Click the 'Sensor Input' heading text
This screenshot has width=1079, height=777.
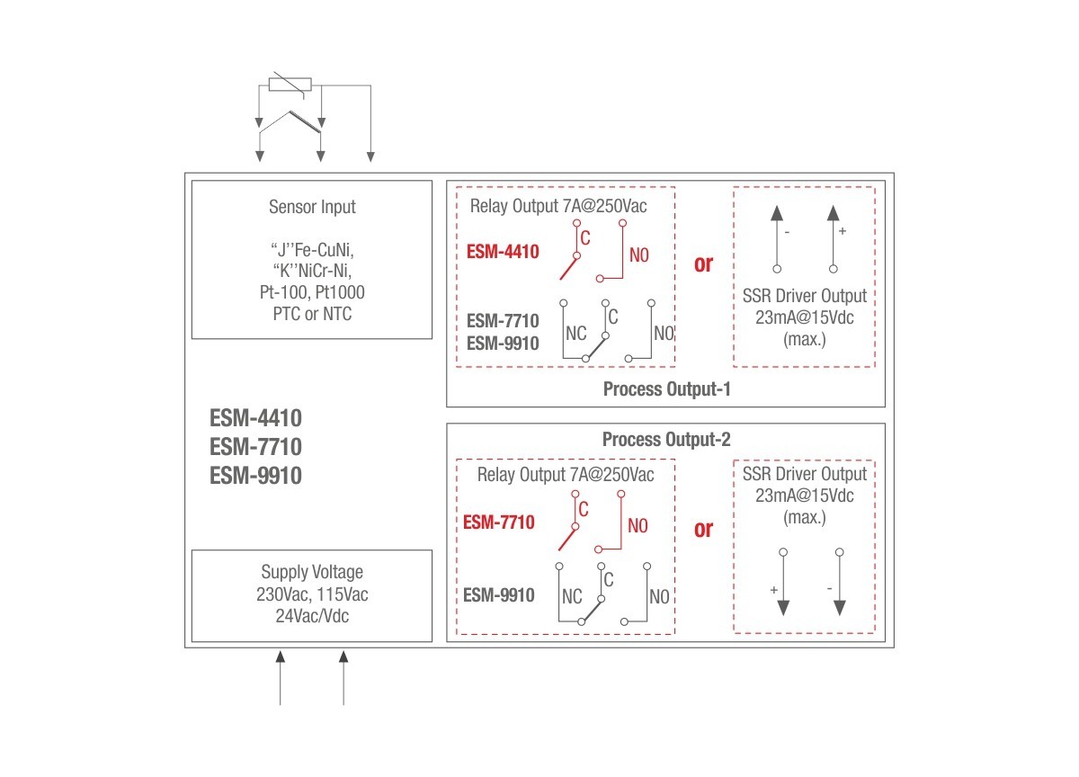pos(312,207)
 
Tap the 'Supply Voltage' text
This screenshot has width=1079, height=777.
pos(312,572)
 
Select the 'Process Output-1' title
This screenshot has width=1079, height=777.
pos(666,388)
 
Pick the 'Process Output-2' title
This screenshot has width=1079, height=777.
pos(666,440)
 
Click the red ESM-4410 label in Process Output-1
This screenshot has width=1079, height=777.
pos(503,252)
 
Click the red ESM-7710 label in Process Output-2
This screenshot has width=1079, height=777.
pos(498,522)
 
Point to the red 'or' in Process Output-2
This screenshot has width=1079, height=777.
pos(703,530)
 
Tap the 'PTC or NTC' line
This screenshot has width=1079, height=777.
pos(312,314)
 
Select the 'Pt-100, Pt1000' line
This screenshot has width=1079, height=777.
pos(312,292)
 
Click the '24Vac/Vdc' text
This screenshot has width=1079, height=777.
pos(312,616)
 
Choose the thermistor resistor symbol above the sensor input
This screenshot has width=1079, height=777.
pos(290,85)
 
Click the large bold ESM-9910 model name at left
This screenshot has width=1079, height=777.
pos(255,476)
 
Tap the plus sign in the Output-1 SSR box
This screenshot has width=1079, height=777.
pos(842,231)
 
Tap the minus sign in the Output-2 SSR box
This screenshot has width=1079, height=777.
pos(829,589)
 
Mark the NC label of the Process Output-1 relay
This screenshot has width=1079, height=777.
pos(575,334)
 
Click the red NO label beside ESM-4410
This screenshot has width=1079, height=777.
pos(639,255)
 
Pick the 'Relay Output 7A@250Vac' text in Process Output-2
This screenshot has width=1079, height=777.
pos(566,475)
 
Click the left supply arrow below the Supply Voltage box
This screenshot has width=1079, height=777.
pos(280,678)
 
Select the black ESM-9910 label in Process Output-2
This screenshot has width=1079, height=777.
pos(498,595)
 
